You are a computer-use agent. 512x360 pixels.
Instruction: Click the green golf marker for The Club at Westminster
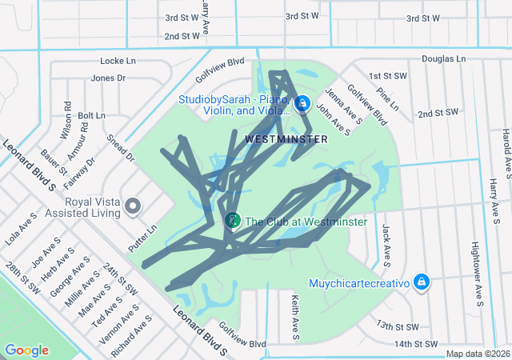click(x=232, y=220)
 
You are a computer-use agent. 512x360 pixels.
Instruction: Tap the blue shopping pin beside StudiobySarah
click(x=302, y=103)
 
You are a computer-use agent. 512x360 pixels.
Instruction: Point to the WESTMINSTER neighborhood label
click(x=286, y=139)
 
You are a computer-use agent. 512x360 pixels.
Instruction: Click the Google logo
click(x=26, y=350)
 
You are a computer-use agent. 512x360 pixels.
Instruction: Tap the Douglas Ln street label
click(x=443, y=59)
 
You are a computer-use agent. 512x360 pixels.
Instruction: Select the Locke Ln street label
click(x=118, y=61)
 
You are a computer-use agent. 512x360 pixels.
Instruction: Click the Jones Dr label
click(x=109, y=78)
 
